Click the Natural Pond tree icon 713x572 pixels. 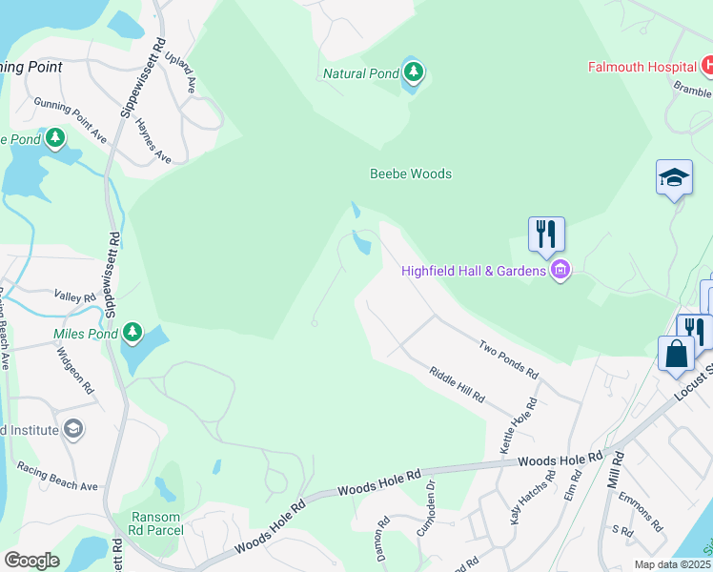(413, 71)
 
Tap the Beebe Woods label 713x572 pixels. (411, 174)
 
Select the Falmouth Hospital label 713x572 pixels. (641, 68)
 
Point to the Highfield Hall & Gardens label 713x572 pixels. (472, 271)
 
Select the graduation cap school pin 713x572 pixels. (674, 177)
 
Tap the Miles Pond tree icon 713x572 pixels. (133, 334)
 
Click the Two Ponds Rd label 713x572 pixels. (509, 358)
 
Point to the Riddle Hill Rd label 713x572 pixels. (457, 384)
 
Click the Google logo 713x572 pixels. (31, 561)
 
